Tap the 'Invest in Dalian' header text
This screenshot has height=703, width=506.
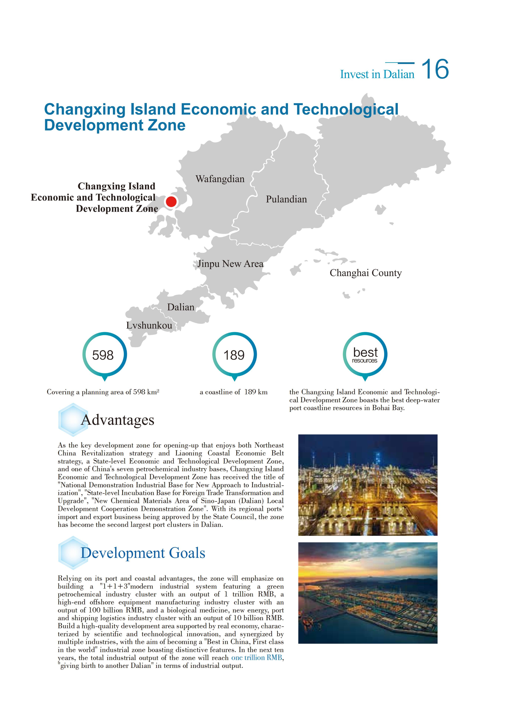(x=377, y=74)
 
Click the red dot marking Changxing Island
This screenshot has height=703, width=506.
(x=171, y=201)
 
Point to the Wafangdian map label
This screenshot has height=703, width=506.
(x=220, y=179)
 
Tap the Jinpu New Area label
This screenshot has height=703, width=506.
(x=230, y=264)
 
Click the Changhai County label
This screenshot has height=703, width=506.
(x=365, y=273)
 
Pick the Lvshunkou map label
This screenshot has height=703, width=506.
(x=149, y=325)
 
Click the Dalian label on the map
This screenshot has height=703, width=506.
(x=181, y=307)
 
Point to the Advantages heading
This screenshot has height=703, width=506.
(x=117, y=420)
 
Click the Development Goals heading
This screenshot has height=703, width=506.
(x=143, y=553)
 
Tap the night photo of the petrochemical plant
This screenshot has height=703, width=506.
(x=367, y=485)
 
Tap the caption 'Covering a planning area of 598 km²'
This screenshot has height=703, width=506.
(x=103, y=392)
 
